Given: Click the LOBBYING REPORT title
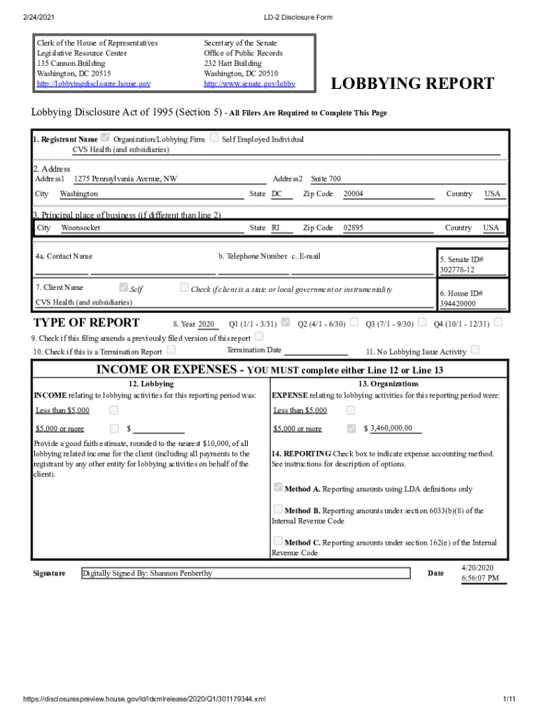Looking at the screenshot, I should pos(412,85).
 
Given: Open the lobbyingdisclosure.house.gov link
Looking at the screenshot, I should pos(93,84).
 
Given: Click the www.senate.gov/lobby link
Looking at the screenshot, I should pos(249,84).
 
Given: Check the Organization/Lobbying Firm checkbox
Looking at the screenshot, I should pos(106,138).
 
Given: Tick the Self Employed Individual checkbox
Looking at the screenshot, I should pos(214,138).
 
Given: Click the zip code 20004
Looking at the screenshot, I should pos(353,194).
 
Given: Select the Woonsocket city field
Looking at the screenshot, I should pos(80,228).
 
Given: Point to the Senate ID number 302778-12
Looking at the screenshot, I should pos(457,270).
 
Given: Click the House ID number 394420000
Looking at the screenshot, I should pos(457,304).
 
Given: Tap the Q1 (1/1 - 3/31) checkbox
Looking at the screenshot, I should pos(286,323).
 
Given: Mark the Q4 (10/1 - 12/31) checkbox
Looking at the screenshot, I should pos(498,323).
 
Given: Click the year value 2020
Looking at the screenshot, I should pos(206,324).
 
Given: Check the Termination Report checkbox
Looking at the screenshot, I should pos(171,350).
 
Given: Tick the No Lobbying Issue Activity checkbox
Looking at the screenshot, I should pos(475,349).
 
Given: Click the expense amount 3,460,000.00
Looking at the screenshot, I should pos(391,429).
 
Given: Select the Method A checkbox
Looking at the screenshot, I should pos(278,487).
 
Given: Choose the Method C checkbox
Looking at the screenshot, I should pos(278,541).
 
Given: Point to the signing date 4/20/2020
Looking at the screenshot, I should pos(477,567).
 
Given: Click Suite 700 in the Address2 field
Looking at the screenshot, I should pos(325,179).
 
